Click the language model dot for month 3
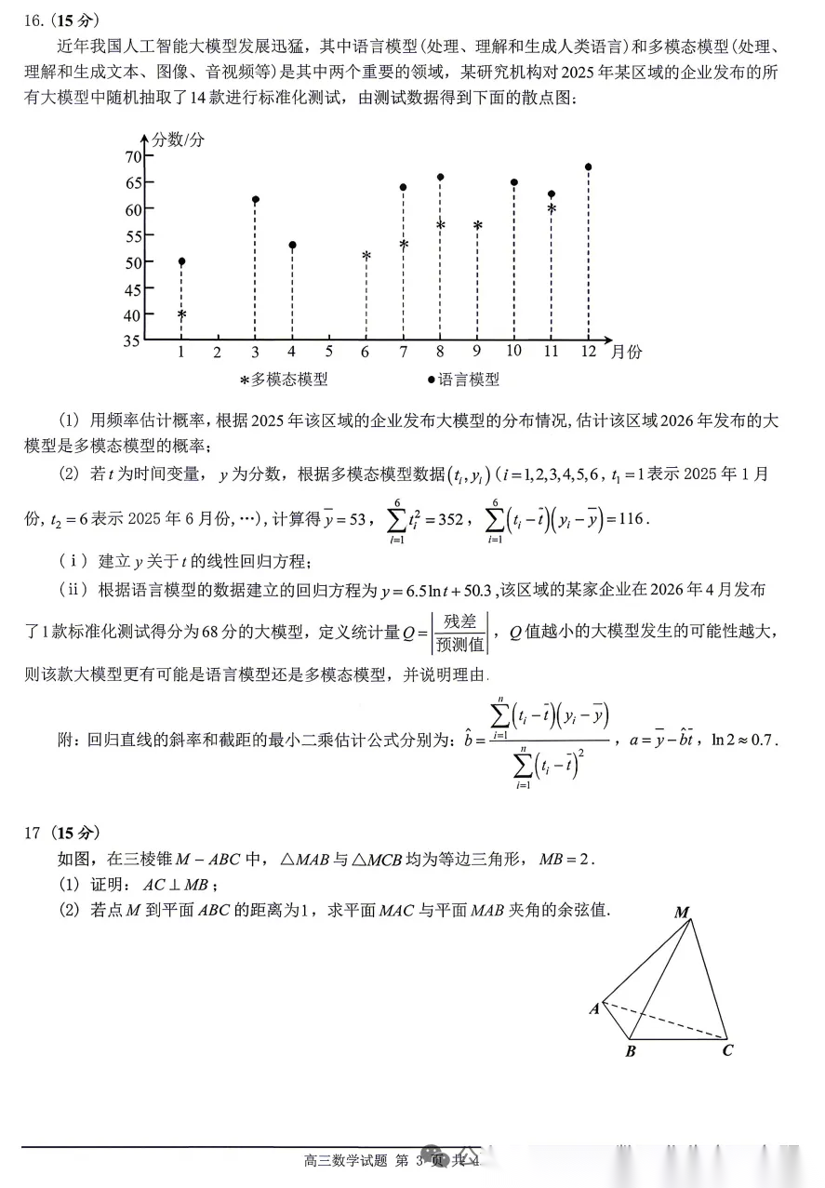pos(255,200)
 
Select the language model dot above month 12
pos(589,167)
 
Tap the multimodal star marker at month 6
pos(366,256)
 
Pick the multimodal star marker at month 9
pos(477,225)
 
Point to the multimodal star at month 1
pos(181,315)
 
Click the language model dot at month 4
pos(292,246)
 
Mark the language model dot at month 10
pos(514,182)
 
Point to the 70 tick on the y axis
pos(132,156)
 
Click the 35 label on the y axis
pos(132,340)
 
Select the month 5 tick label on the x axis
pos(329,352)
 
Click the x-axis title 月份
pos(626,352)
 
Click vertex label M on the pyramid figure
pos(682,912)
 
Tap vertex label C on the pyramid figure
pos(727,1051)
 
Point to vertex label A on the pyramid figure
pos(593,1008)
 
